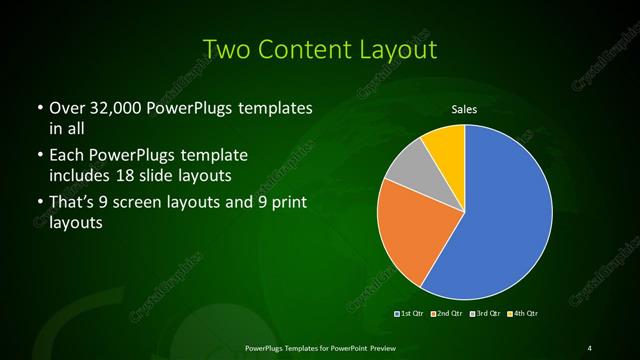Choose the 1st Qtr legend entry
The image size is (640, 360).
point(409,314)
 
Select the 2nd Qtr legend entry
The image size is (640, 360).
point(446,314)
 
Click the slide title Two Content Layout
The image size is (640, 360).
point(319,48)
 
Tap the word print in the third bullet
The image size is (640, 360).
point(287,203)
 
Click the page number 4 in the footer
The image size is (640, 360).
point(589,347)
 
